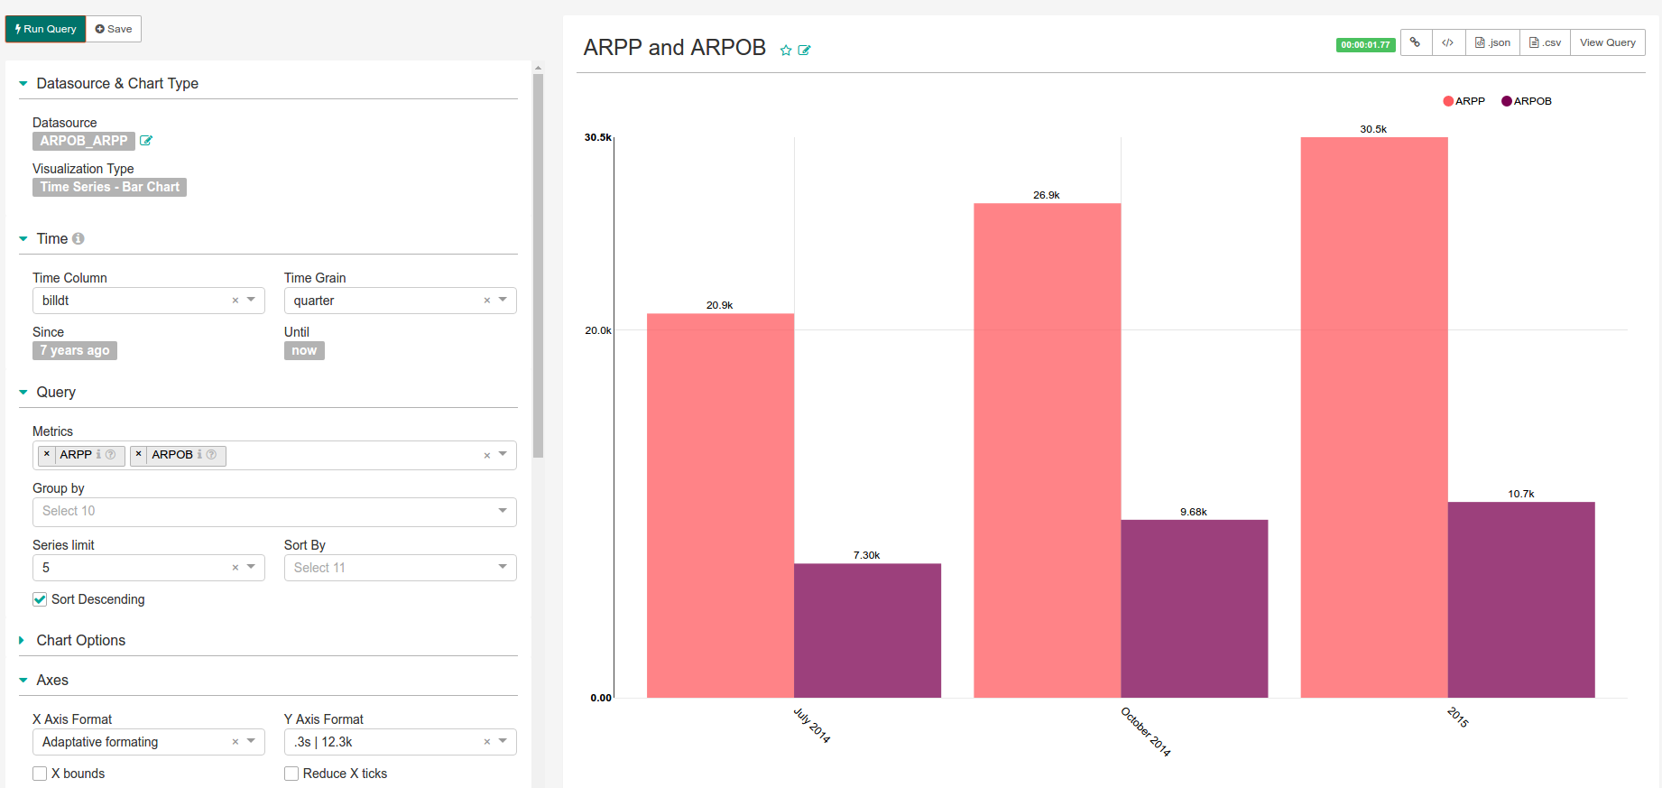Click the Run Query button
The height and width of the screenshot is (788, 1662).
click(45, 29)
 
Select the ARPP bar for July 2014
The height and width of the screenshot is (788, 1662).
click(720, 505)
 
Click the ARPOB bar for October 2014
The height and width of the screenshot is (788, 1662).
click(1194, 608)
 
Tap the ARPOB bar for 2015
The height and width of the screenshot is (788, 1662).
click(1521, 599)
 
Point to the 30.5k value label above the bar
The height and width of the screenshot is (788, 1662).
click(1373, 129)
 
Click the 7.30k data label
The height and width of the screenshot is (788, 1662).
click(866, 555)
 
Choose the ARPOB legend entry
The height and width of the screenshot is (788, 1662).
click(1527, 101)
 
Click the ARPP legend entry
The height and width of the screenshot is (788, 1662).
click(1464, 101)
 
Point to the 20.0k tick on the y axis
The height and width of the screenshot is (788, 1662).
click(597, 330)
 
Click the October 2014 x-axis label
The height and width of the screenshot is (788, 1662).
click(1146, 732)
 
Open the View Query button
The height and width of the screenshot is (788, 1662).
click(1607, 42)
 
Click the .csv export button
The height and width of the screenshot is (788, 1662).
click(1545, 42)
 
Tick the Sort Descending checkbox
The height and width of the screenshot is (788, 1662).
click(40, 599)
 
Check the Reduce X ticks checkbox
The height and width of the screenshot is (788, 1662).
click(291, 774)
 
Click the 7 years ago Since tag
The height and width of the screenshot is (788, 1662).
click(75, 350)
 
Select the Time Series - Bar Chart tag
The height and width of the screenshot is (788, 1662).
click(109, 187)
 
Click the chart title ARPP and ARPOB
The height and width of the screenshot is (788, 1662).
click(674, 47)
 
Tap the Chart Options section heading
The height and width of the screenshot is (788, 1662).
click(80, 640)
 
